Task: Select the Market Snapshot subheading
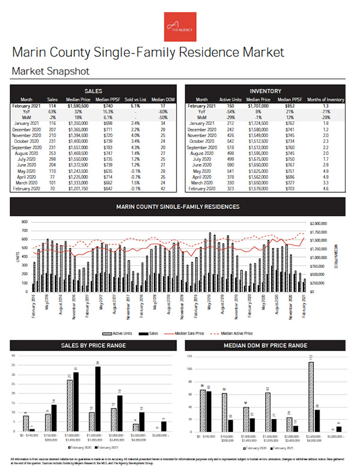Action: [x=50, y=71]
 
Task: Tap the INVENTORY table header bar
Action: [x=266, y=90]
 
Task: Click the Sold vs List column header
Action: [x=135, y=100]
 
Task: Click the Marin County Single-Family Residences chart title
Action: [x=178, y=207]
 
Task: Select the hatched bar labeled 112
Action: [x=311, y=396]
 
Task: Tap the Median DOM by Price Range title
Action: [x=266, y=345]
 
